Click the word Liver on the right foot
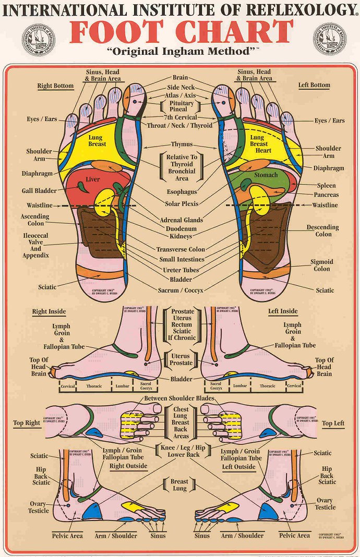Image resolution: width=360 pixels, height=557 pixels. point(92,180)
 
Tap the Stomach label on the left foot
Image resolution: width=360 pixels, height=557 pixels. point(266,175)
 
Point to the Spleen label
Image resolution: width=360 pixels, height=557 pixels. point(327,186)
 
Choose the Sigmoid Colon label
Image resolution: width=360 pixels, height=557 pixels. point(322,265)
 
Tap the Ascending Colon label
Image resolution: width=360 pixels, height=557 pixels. point(35,220)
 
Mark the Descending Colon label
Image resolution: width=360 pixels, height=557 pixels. point(322,231)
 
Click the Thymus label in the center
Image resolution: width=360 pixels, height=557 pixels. point(182,144)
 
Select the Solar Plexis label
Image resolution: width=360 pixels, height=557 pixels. point(181,204)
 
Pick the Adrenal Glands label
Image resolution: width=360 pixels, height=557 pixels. point(182,220)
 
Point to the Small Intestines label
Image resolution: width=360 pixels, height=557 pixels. point(181,260)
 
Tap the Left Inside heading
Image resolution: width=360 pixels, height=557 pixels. point(283,311)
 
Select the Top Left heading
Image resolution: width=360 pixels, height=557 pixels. point(333,423)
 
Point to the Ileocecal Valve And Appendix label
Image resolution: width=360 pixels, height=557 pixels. point(35,246)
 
